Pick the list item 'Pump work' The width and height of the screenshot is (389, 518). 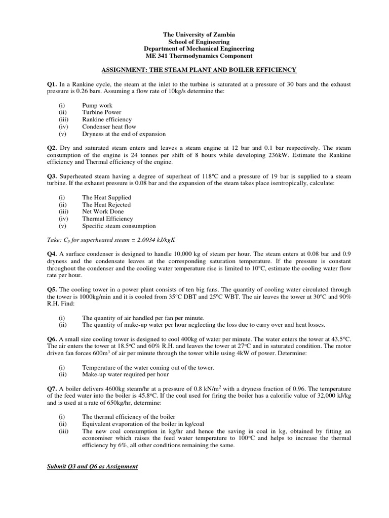pyautogui.click(x=97, y=105)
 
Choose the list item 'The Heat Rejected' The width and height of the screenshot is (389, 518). pyautogui.click(x=106, y=204)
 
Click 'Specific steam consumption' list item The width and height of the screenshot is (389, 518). pyautogui.click(x=119, y=226)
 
